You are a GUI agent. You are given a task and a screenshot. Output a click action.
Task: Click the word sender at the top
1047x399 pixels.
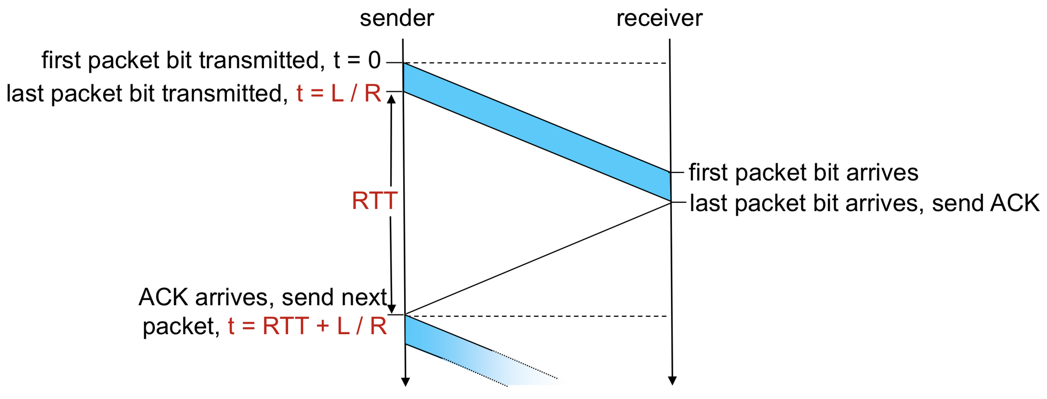pyautogui.click(x=397, y=18)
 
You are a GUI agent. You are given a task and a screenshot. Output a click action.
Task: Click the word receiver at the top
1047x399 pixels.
pyautogui.click(x=659, y=18)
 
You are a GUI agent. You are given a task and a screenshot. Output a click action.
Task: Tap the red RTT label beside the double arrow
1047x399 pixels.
pyautogui.click(x=374, y=201)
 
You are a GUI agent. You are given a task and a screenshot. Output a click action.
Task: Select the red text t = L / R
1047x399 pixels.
pyautogui.click(x=339, y=93)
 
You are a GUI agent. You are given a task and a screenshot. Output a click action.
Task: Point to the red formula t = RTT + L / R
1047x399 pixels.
pyautogui.click(x=307, y=326)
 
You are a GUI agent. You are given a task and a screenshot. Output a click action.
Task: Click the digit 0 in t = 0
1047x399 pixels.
pyautogui.click(x=374, y=60)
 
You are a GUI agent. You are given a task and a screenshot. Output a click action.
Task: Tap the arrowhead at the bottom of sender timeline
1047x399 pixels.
pyautogui.click(x=405, y=382)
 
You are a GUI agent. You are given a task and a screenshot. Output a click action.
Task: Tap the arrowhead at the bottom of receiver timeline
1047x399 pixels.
pyautogui.click(x=672, y=380)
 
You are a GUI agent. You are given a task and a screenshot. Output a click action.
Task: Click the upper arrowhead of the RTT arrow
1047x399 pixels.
pyautogui.click(x=392, y=99)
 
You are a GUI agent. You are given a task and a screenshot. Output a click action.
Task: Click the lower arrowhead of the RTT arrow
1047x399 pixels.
pyautogui.click(x=392, y=309)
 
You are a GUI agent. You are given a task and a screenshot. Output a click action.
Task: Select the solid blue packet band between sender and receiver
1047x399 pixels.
pyautogui.click(x=537, y=132)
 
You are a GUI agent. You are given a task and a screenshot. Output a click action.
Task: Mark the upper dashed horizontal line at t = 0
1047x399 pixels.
pyautogui.click(x=535, y=63)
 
